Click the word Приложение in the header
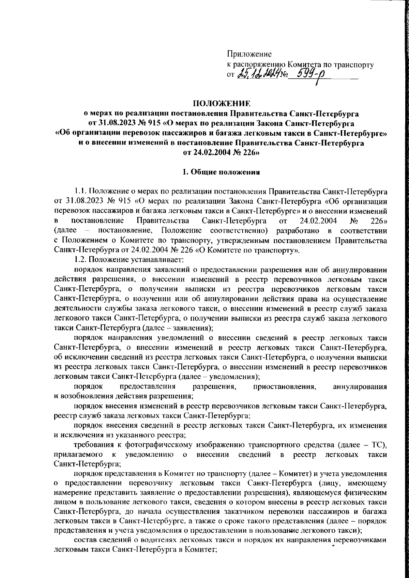click(249, 54)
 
